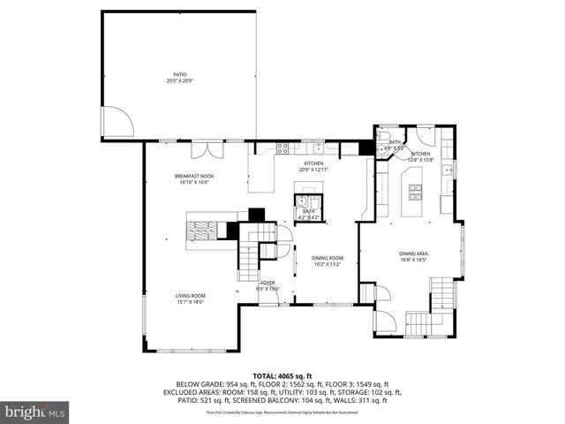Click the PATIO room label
tap(179, 74)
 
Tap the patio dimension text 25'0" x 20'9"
tap(179, 80)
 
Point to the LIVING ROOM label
tap(190, 295)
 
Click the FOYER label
tap(267, 283)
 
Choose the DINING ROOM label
tap(327, 257)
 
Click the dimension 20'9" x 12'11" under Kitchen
tap(314, 169)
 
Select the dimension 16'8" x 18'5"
tap(414, 260)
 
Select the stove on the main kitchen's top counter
tap(283, 147)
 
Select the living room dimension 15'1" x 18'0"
tap(190, 301)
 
